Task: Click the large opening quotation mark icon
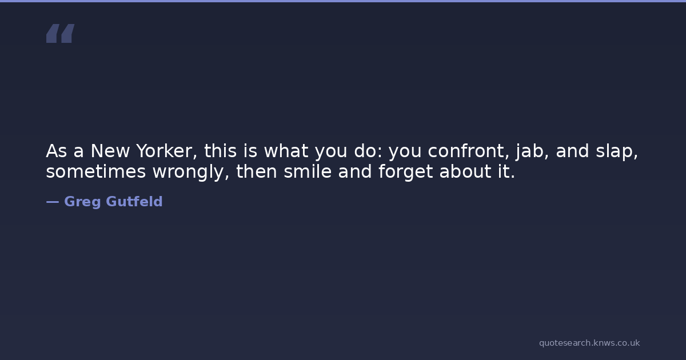pyautogui.click(x=61, y=33)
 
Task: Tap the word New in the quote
pyautogui.click(x=110, y=151)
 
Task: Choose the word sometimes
pyautogui.click(x=96, y=171)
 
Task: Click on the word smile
pyautogui.click(x=308, y=171)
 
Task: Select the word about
pyautogui.click(x=465, y=171)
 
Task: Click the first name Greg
pyautogui.click(x=82, y=202)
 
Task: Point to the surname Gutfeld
pyautogui.click(x=134, y=201)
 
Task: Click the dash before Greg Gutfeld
pyautogui.click(x=53, y=202)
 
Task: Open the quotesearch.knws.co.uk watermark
pyautogui.click(x=589, y=343)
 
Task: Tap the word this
pyautogui.click(x=221, y=151)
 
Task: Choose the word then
pyautogui.click(x=257, y=171)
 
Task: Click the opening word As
pyautogui.click(x=57, y=151)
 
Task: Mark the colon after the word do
pyautogui.click(x=381, y=153)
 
